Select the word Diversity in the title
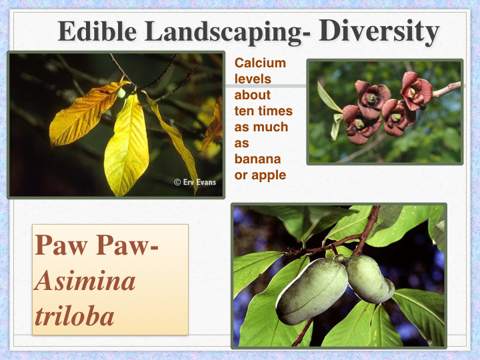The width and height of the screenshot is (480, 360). [378, 31]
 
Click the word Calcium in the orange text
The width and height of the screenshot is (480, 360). [260, 63]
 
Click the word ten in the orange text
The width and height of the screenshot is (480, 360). [243, 111]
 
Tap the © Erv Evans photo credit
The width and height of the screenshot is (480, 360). [195, 182]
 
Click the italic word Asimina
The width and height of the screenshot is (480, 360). [85, 281]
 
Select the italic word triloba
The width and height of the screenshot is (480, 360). [75, 315]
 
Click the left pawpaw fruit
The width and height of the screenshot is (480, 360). [311, 291]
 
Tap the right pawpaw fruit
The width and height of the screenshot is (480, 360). [369, 279]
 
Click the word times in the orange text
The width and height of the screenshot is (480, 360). [273, 111]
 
